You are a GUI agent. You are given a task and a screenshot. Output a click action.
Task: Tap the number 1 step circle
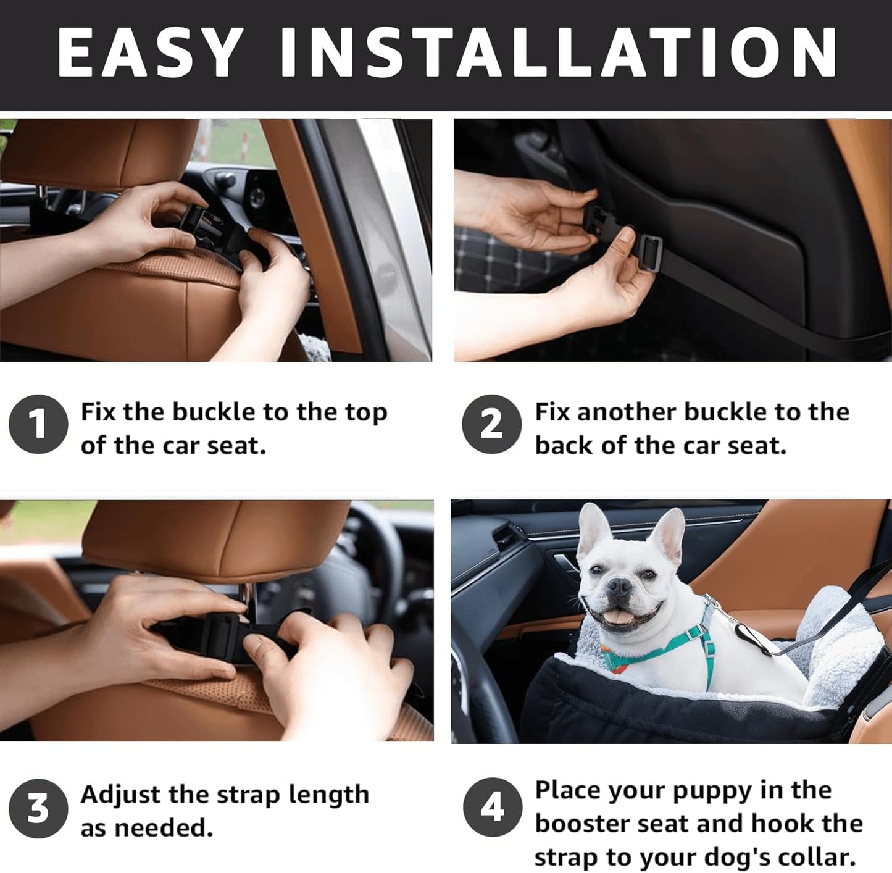pyautogui.click(x=38, y=424)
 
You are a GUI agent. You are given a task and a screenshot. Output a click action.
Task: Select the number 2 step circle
pyautogui.click(x=491, y=424)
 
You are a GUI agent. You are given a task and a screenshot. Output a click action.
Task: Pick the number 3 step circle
pyautogui.click(x=38, y=808)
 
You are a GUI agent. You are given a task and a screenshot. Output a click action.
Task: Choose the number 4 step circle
pyautogui.click(x=492, y=807)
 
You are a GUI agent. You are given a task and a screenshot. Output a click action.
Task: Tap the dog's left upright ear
pyautogui.click(x=593, y=526)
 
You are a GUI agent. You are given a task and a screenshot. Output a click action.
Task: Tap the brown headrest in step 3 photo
pyautogui.click(x=216, y=537)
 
